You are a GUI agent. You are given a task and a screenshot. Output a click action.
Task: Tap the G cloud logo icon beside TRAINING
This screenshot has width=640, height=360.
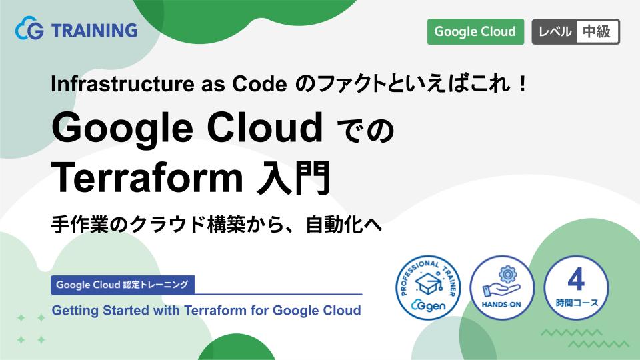point(29,31)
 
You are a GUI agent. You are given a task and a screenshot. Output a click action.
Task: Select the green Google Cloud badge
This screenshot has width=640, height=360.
point(475,31)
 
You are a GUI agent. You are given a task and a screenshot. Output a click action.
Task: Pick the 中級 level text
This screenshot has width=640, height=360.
point(596,31)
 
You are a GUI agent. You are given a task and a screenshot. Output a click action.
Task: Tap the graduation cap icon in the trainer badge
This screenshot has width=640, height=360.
point(429,285)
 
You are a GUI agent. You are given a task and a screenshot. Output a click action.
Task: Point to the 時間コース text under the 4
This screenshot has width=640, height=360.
point(576,302)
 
